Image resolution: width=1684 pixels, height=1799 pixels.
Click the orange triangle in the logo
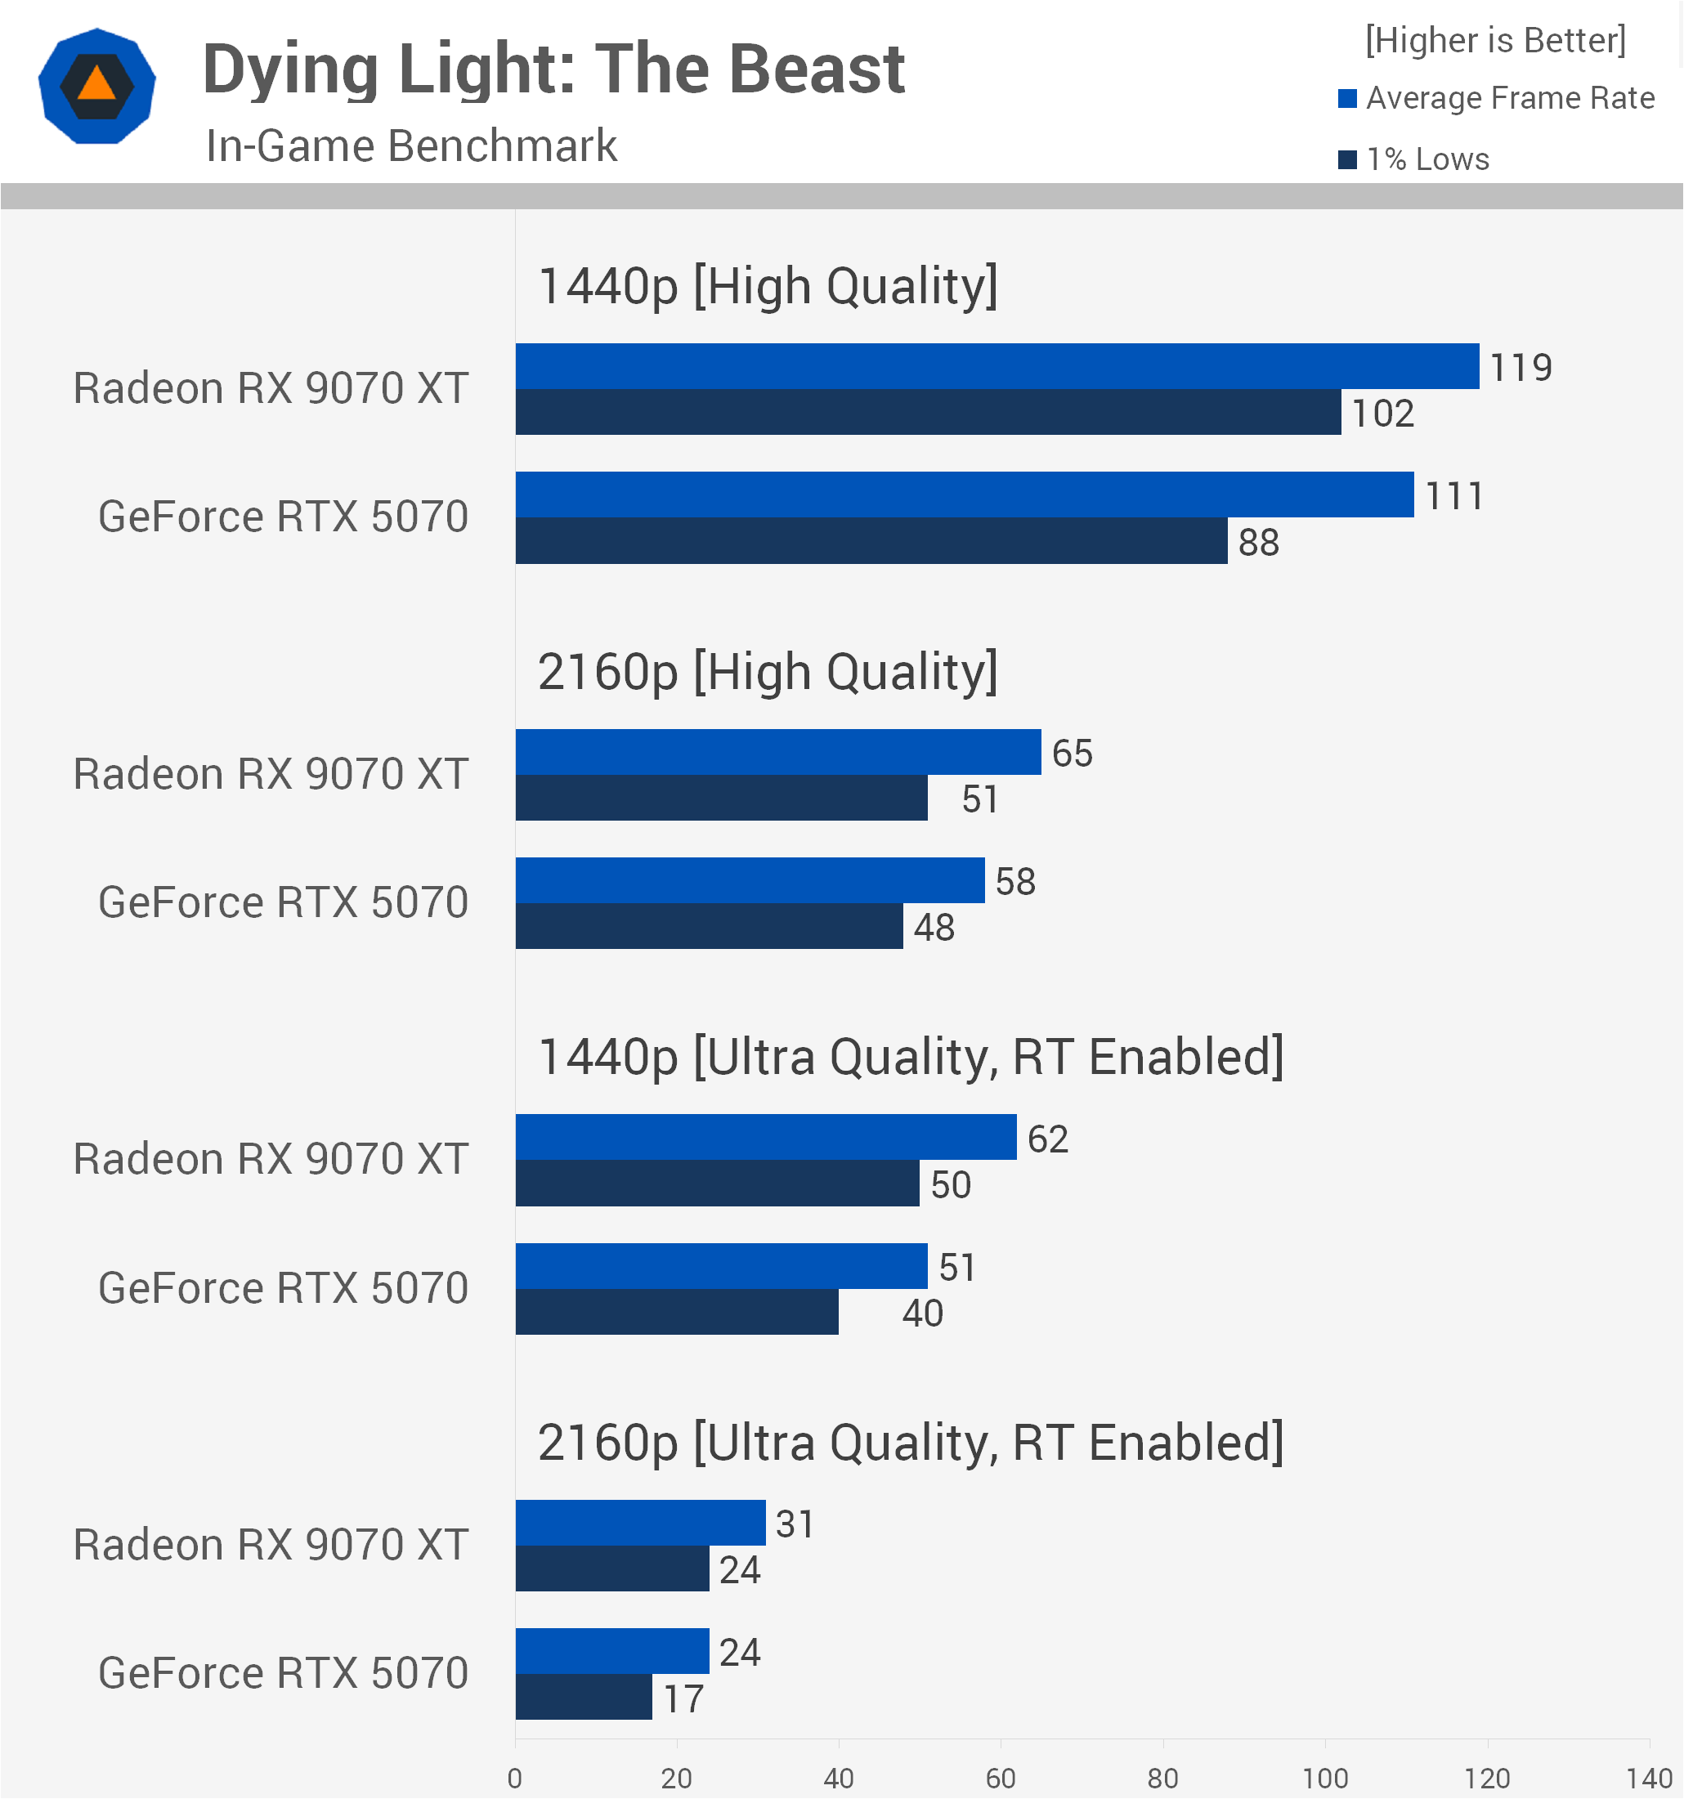click(96, 84)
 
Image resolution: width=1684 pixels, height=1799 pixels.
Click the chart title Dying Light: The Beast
click(553, 69)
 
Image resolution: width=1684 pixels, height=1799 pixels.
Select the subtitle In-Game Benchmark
click(411, 145)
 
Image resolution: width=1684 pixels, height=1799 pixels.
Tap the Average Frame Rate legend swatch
click(1347, 99)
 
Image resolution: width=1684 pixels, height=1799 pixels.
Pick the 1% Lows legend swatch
click(1347, 160)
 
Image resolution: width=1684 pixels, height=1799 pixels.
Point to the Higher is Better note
click(1495, 41)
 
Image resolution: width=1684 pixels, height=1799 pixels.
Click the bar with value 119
click(997, 366)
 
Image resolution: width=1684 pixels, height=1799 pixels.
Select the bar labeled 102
click(929, 413)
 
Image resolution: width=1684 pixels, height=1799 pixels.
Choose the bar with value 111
click(965, 495)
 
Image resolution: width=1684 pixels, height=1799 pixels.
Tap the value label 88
click(1259, 543)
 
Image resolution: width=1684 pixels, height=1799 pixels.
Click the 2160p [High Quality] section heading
click(768, 674)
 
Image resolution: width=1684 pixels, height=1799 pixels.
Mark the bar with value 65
click(778, 753)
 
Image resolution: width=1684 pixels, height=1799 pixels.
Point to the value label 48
click(934, 929)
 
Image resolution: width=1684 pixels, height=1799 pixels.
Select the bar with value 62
click(767, 1139)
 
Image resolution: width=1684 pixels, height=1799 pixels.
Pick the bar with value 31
click(641, 1524)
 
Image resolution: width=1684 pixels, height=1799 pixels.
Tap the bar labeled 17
click(584, 1698)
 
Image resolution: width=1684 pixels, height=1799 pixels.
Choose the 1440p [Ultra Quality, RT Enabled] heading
click(911, 1058)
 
